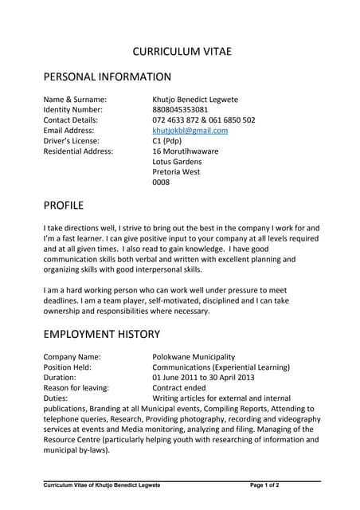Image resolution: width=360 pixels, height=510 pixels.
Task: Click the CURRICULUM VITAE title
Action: pos(182,51)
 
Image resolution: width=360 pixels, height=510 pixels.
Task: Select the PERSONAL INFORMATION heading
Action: pos(107,77)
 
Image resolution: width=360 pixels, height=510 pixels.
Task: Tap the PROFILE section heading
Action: pos(63,205)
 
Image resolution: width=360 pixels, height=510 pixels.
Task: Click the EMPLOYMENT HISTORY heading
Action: pos(101,334)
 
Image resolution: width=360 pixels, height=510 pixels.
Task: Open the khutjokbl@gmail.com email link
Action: pos(190,130)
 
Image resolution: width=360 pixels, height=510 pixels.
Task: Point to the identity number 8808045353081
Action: pos(180,109)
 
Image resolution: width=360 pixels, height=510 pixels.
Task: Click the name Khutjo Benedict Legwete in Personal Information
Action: pos(194,99)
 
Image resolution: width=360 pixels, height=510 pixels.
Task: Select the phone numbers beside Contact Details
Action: pos(203,120)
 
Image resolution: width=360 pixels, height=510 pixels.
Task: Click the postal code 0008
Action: pos(161,182)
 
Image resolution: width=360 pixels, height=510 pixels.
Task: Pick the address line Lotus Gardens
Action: pos(177,161)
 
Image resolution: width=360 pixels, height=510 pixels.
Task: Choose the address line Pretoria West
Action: pos(176,171)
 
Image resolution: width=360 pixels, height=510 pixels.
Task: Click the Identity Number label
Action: pos(72,109)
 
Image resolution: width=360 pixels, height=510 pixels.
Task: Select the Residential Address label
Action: pos(78,151)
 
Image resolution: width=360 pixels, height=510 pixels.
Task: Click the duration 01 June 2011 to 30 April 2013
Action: pos(203,378)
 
